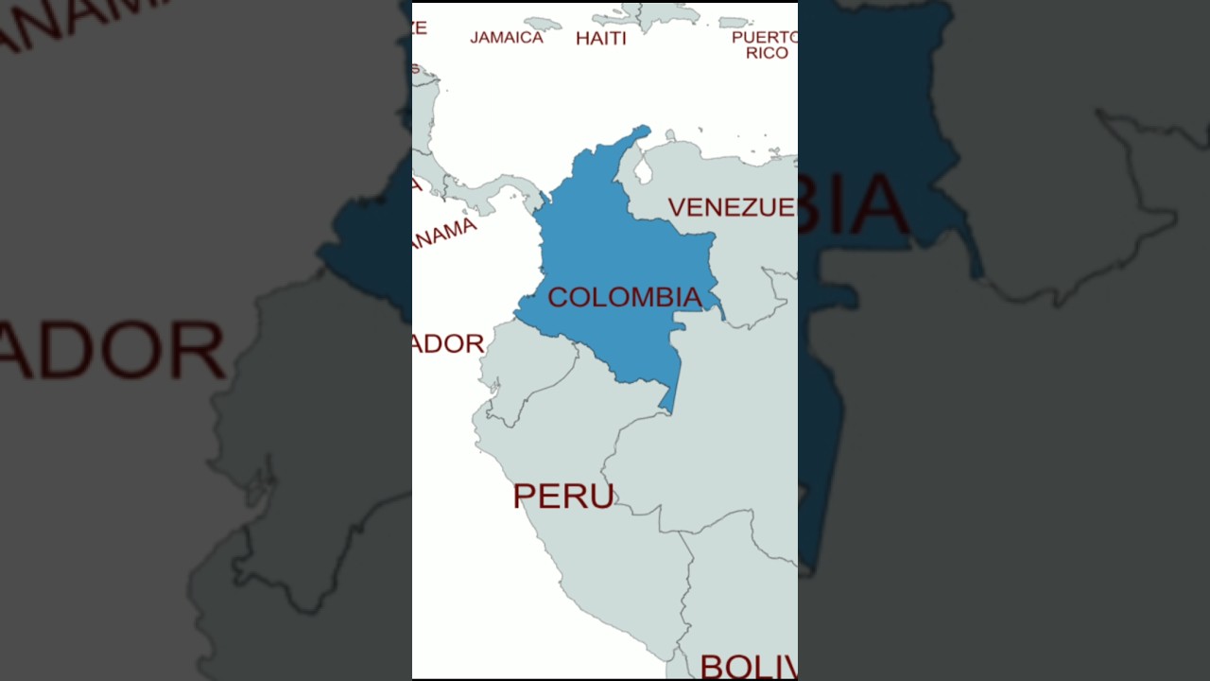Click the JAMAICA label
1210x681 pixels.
[507, 38]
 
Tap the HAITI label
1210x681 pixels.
[601, 39]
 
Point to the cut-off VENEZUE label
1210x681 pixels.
[731, 207]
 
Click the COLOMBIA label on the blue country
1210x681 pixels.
[625, 297]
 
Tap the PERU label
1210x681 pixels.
[563, 496]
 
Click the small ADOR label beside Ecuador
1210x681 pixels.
[449, 343]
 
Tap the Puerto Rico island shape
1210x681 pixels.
[734, 22]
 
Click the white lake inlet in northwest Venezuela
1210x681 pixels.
[643, 171]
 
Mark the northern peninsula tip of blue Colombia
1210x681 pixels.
[643, 130]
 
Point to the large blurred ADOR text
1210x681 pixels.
[113, 350]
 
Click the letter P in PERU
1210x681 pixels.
[525, 496]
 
